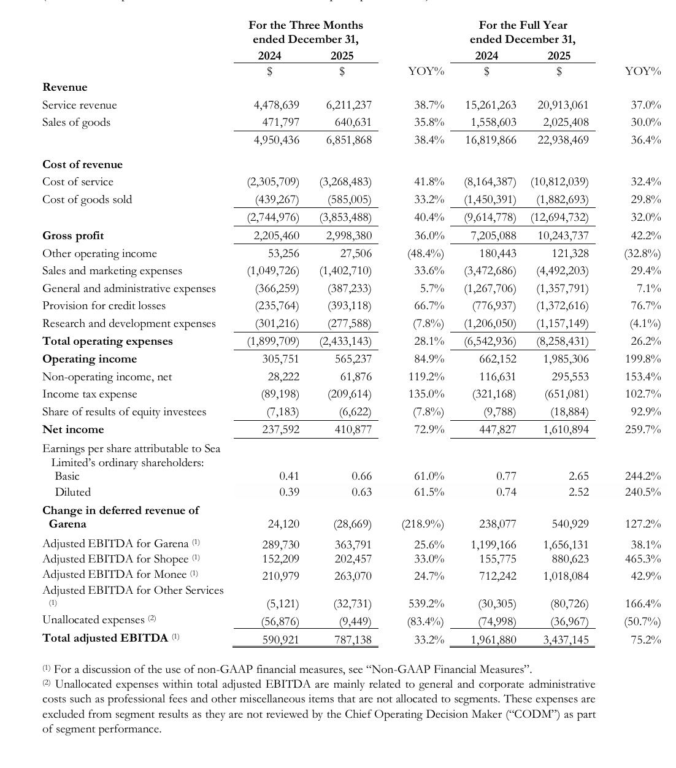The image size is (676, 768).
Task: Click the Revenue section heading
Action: pos(64,87)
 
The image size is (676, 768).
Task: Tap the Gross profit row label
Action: pos(73,236)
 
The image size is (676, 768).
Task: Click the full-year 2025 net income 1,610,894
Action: pos(566,429)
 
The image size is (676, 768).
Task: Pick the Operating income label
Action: pos(90,359)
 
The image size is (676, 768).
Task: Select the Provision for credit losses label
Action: pos(104,305)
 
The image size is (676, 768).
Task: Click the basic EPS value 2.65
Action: pos(578,476)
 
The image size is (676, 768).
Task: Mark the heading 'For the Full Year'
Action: pos(523,25)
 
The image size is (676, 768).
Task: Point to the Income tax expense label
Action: pos(90,394)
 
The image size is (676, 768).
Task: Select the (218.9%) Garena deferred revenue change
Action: pos(423,524)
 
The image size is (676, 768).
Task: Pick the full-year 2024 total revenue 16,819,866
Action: pos(490,140)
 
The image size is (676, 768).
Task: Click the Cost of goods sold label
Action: pos(87,199)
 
